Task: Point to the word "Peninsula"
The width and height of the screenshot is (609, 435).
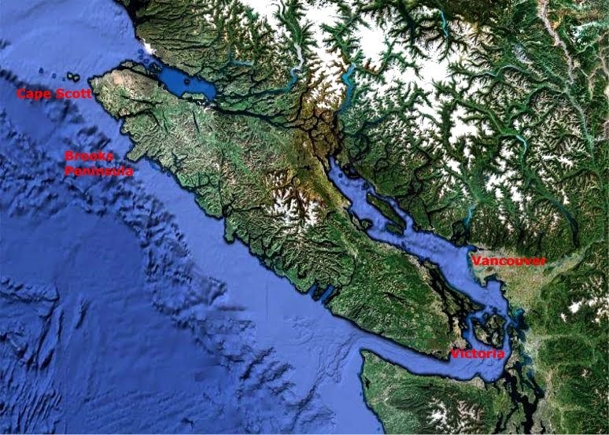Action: [x=98, y=170]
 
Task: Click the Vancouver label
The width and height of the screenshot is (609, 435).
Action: [x=507, y=261]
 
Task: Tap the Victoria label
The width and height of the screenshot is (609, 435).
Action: [x=478, y=355]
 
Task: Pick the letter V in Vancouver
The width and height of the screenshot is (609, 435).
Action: [x=474, y=261]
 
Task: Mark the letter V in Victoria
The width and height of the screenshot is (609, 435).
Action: [x=454, y=355]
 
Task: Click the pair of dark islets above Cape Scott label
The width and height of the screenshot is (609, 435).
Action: [x=72, y=77]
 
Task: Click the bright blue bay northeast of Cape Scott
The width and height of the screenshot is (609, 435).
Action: [x=185, y=81]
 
